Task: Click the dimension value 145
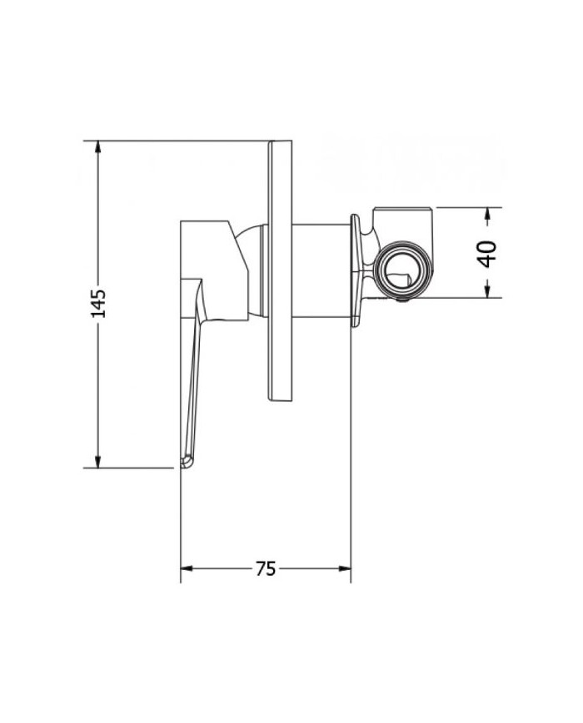(99, 304)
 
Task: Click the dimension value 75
(265, 569)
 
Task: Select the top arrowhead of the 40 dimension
(488, 214)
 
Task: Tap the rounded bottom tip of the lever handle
(187, 460)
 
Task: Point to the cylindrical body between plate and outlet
(321, 270)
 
